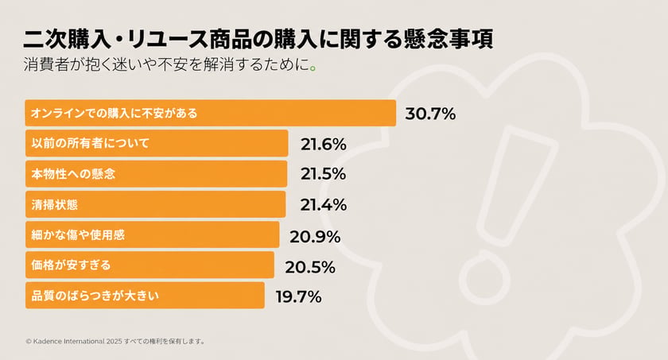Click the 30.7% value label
(x=430, y=114)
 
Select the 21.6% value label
(x=324, y=145)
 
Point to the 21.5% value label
(x=323, y=173)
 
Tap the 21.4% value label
(x=324, y=205)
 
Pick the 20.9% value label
(x=315, y=237)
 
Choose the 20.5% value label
(x=310, y=267)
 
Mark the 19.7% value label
(x=298, y=296)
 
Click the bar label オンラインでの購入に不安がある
(x=115, y=113)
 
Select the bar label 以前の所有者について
(x=91, y=143)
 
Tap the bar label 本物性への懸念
(x=73, y=173)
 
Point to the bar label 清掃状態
(x=55, y=205)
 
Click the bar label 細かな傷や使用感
(x=78, y=234)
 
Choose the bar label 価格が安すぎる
(x=71, y=265)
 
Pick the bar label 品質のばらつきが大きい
(x=95, y=296)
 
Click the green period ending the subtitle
(x=313, y=68)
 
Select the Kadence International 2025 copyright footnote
(x=115, y=341)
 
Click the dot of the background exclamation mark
(x=484, y=277)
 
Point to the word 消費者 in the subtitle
(x=46, y=64)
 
